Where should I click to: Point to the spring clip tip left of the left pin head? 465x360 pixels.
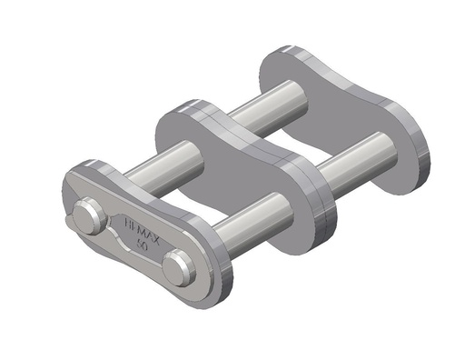[72, 219]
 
